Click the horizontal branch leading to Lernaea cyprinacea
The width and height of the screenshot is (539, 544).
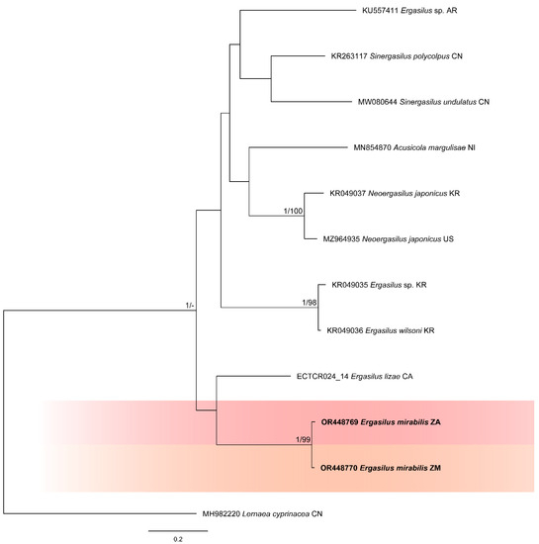[x=99, y=513]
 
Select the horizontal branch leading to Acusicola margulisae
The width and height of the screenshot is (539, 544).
[x=297, y=148]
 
